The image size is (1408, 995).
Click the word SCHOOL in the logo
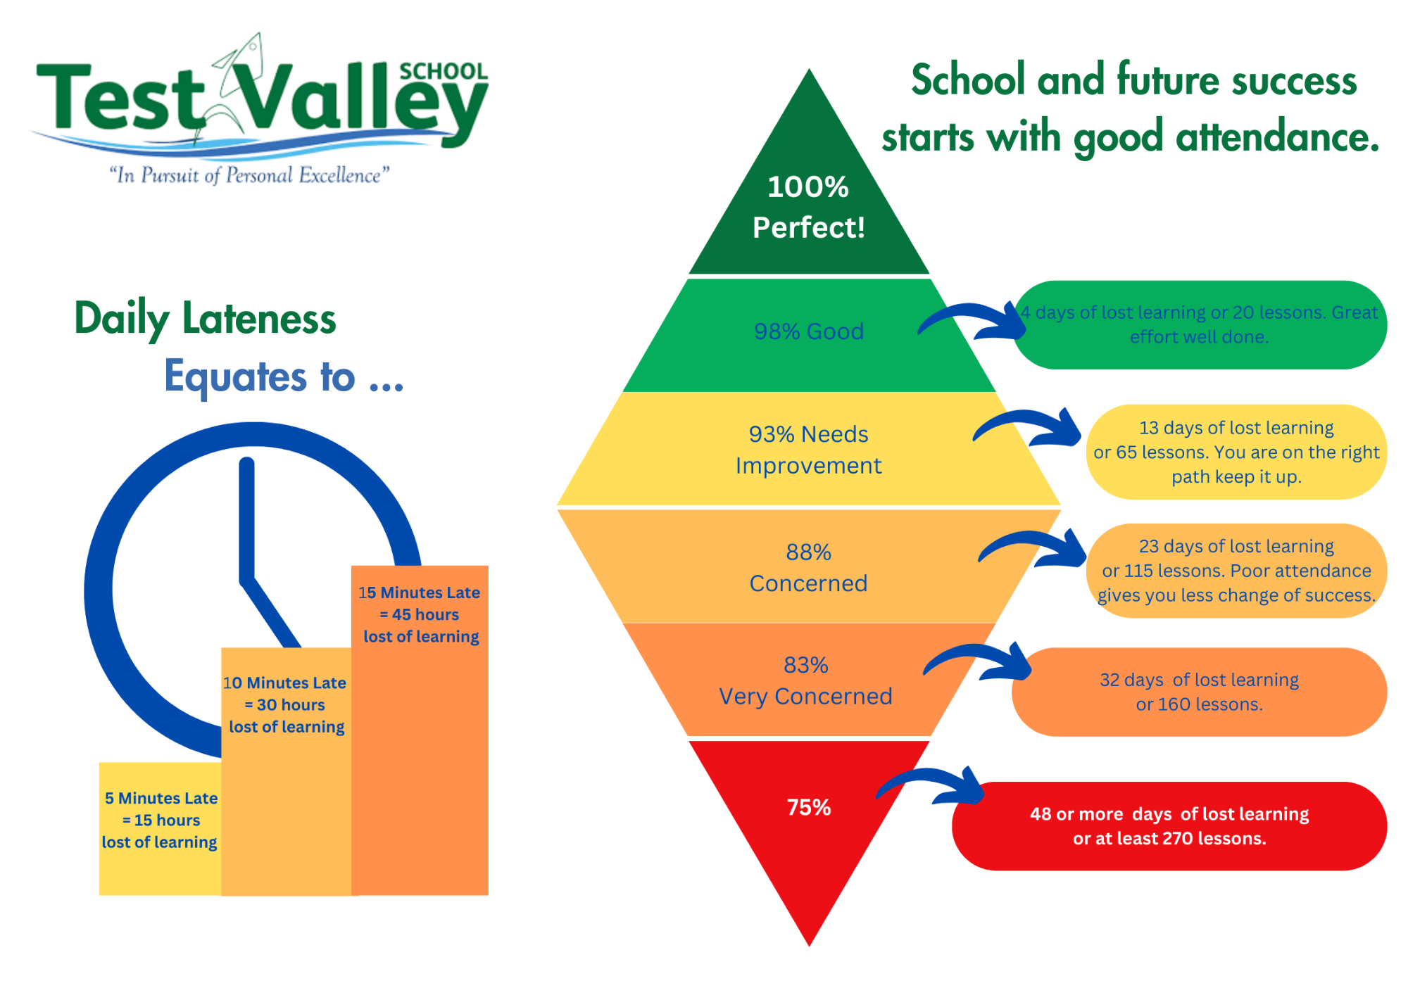[x=444, y=71]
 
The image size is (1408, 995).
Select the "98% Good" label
[x=809, y=331]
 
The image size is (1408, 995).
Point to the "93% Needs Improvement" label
[x=809, y=450]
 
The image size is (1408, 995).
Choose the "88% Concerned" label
[x=809, y=567]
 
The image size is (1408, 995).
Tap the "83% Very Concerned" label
[x=806, y=680]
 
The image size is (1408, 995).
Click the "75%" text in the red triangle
[x=809, y=807]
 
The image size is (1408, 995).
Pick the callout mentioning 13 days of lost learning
[x=1236, y=452]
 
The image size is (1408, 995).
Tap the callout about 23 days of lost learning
[x=1236, y=571]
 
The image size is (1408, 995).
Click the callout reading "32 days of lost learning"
[x=1199, y=692]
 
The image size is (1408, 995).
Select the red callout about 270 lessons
[x=1169, y=826]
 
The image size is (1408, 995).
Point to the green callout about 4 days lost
[x=1199, y=324]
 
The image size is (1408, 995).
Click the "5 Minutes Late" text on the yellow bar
[x=161, y=798]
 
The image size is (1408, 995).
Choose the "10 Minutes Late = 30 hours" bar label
[x=285, y=704]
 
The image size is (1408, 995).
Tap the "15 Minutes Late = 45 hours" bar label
[x=420, y=614]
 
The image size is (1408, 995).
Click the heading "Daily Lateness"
[x=205, y=319]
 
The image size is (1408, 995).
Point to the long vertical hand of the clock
[x=246, y=521]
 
